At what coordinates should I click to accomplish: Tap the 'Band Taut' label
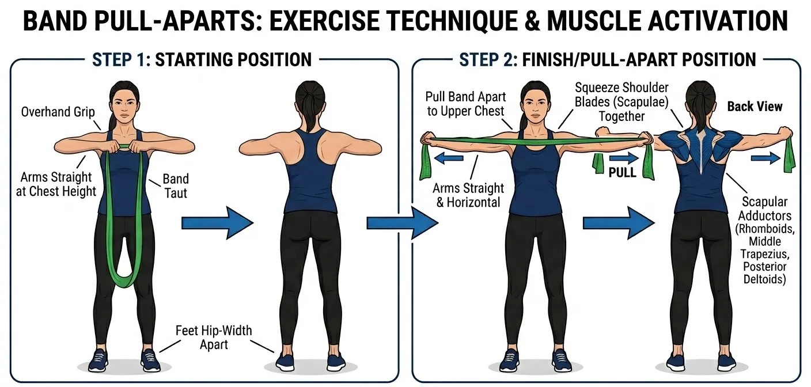point(176,185)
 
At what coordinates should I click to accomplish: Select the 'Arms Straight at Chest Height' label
point(56,184)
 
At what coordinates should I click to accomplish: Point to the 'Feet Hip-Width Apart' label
point(214,337)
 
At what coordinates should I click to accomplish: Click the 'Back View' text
point(755,106)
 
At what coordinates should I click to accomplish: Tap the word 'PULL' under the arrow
point(622,172)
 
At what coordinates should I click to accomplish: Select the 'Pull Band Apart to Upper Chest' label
point(465,103)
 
